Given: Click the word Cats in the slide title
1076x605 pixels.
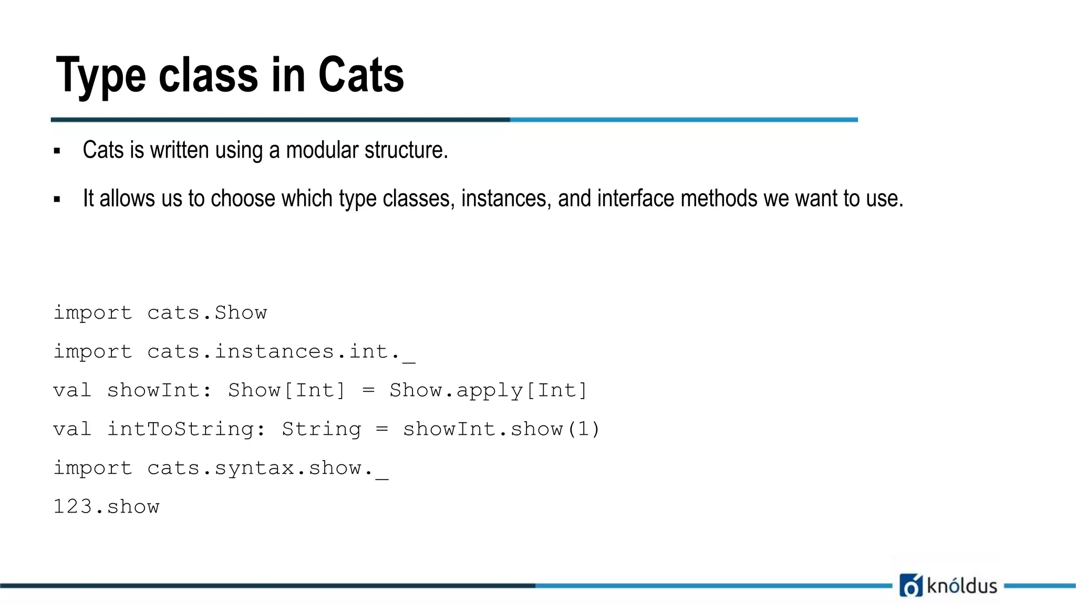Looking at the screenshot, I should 361,75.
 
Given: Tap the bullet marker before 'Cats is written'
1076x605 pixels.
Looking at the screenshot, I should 57,151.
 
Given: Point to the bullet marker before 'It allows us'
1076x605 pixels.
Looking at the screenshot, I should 57,200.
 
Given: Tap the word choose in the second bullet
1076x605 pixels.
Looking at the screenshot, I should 243,199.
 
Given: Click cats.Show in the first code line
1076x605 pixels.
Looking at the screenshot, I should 207,313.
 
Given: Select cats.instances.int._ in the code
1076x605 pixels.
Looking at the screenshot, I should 281,352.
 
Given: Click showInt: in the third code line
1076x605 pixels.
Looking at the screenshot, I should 159,391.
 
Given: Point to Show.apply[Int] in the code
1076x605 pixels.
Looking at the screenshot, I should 488,391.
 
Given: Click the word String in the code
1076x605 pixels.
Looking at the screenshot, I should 322,430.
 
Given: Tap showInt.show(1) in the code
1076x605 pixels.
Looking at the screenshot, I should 501,430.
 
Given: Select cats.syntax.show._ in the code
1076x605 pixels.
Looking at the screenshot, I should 267,468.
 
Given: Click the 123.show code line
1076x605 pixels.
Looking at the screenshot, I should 107,507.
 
